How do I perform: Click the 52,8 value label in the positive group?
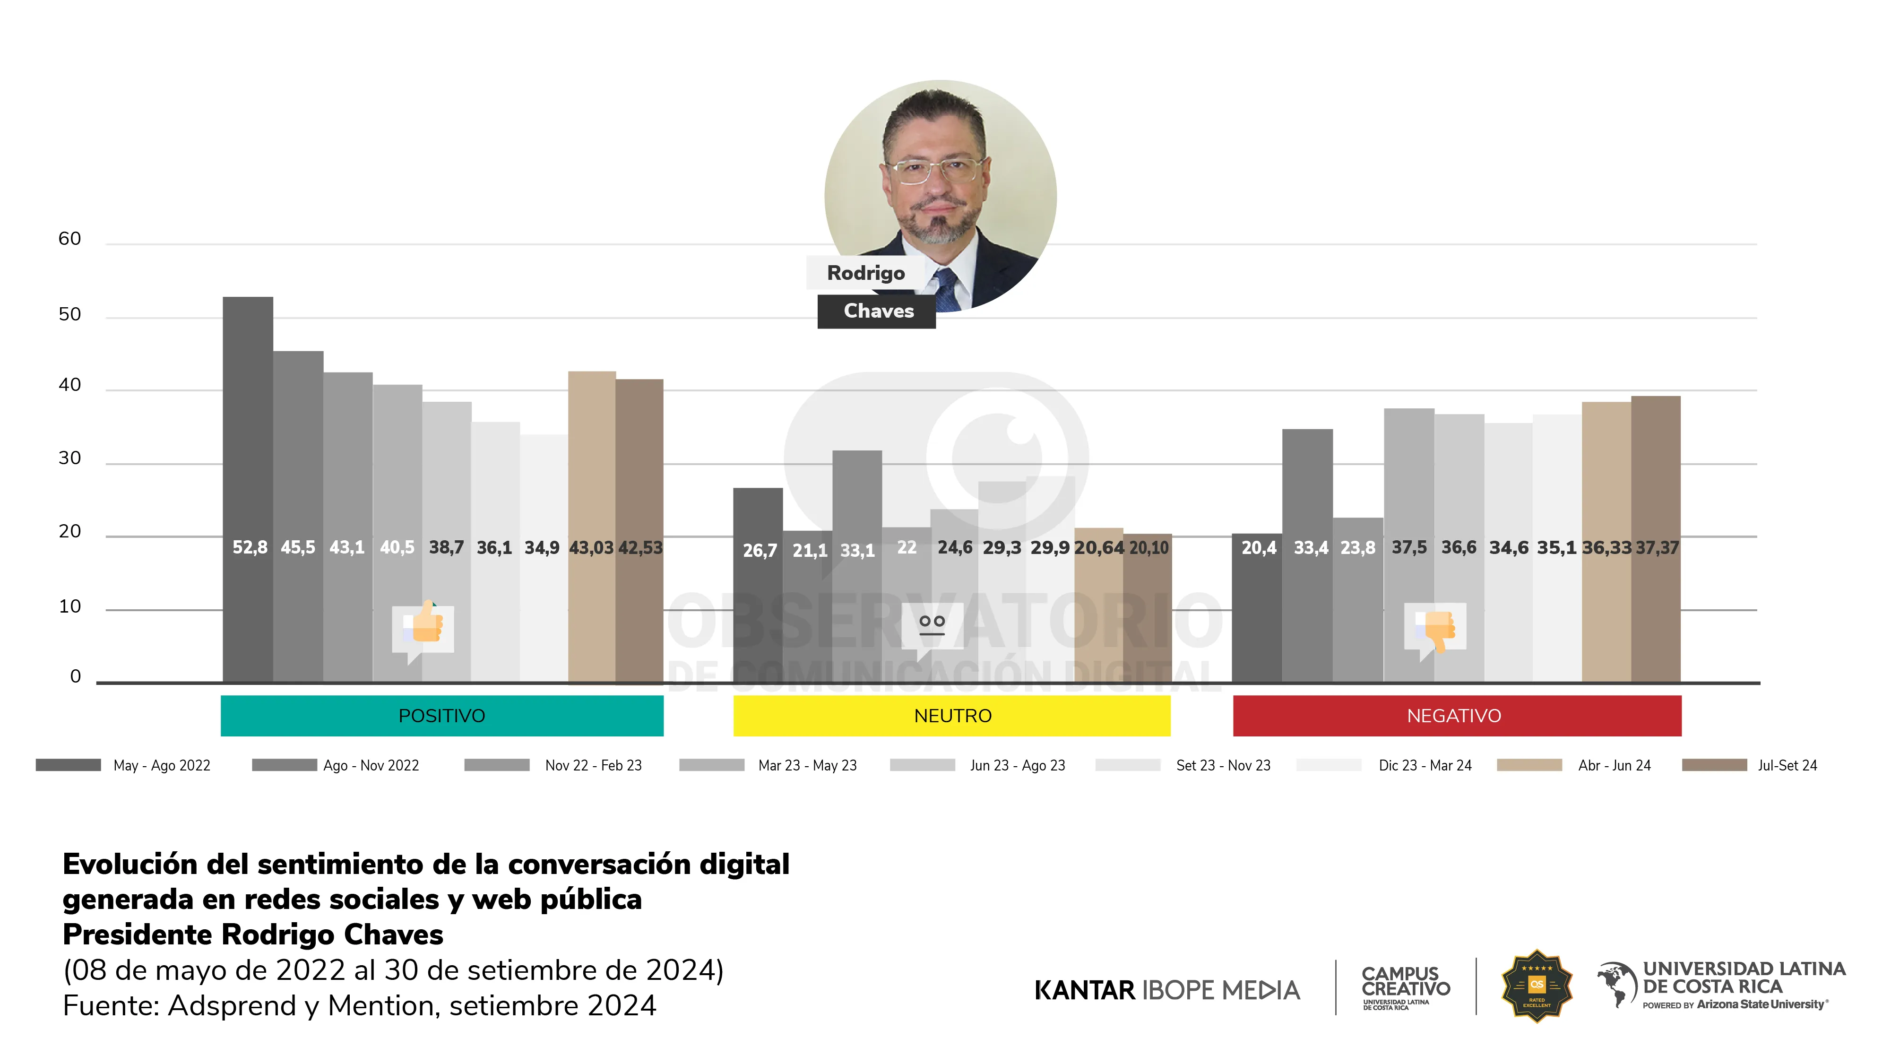[x=250, y=548]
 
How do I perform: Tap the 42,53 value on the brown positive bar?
[x=640, y=548]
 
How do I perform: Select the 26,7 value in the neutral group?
[x=759, y=551]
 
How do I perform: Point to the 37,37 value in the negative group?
[x=1657, y=548]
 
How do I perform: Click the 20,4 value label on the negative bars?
[x=1258, y=548]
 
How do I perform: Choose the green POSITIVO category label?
[x=442, y=716]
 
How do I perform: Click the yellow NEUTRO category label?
[x=952, y=716]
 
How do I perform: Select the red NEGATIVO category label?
[x=1453, y=716]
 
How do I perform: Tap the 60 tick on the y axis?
[x=70, y=239]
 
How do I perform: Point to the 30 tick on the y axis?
[x=70, y=458]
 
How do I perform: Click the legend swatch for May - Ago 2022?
[x=68, y=765]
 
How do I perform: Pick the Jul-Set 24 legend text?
[x=1787, y=765]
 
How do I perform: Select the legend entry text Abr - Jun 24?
[x=1614, y=765]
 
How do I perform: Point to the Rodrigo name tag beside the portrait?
[x=865, y=273]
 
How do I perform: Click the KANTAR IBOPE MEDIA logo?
[x=1166, y=990]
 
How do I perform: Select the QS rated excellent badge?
[x=1537, y=986]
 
